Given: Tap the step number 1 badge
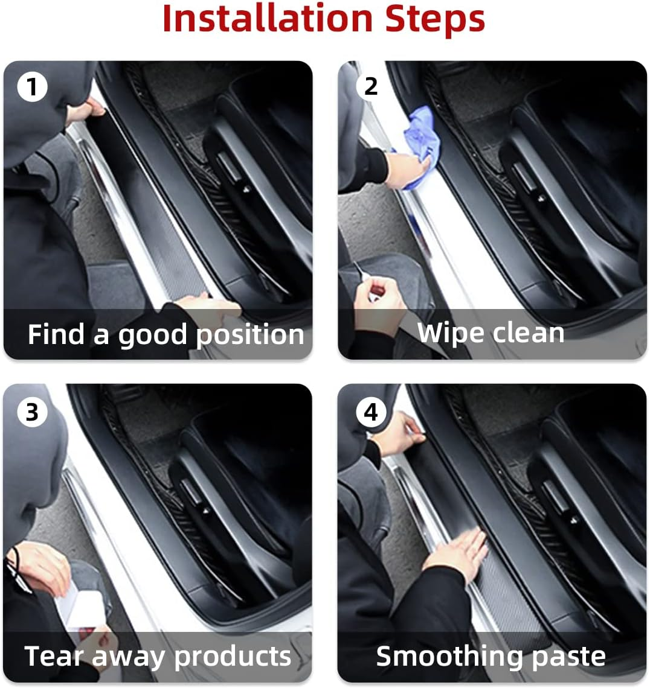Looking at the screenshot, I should point(31,88).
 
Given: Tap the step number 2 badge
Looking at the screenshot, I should point(370,86).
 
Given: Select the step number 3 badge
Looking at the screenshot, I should point(31,412).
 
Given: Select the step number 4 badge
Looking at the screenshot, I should point(370,412).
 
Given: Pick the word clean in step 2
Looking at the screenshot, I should point(527,333).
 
